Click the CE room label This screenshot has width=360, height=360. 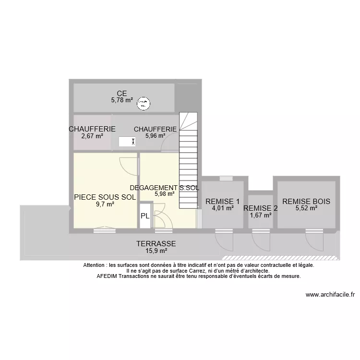(x=122, y=93)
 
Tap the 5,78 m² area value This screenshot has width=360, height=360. (x=122, y=100)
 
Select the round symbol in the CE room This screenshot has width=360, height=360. (x=143, y=103)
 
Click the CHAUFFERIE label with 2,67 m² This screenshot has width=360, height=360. (x=92, y=129)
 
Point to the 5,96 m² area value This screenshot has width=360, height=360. (x=155, y=136)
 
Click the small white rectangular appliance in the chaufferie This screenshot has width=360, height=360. (x=127, y=142)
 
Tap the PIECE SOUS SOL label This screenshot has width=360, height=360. (x=105, y=197)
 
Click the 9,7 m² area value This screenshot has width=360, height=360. (x=105, y=204)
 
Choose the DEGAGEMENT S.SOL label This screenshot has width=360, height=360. (x=164, y=188)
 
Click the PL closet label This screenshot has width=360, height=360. (x=145, y=216)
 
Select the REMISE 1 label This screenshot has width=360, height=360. (x=222, y=201)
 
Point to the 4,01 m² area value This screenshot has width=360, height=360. (x=222, y=208)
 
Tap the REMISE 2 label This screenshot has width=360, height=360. (x=261, y=208)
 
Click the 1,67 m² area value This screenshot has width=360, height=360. (x=261, y=215)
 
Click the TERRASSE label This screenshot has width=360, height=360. (x=156, y=244)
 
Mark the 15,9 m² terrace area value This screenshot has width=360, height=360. (x=156, y=251)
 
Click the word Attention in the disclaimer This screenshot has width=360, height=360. (x=95, y=265)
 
